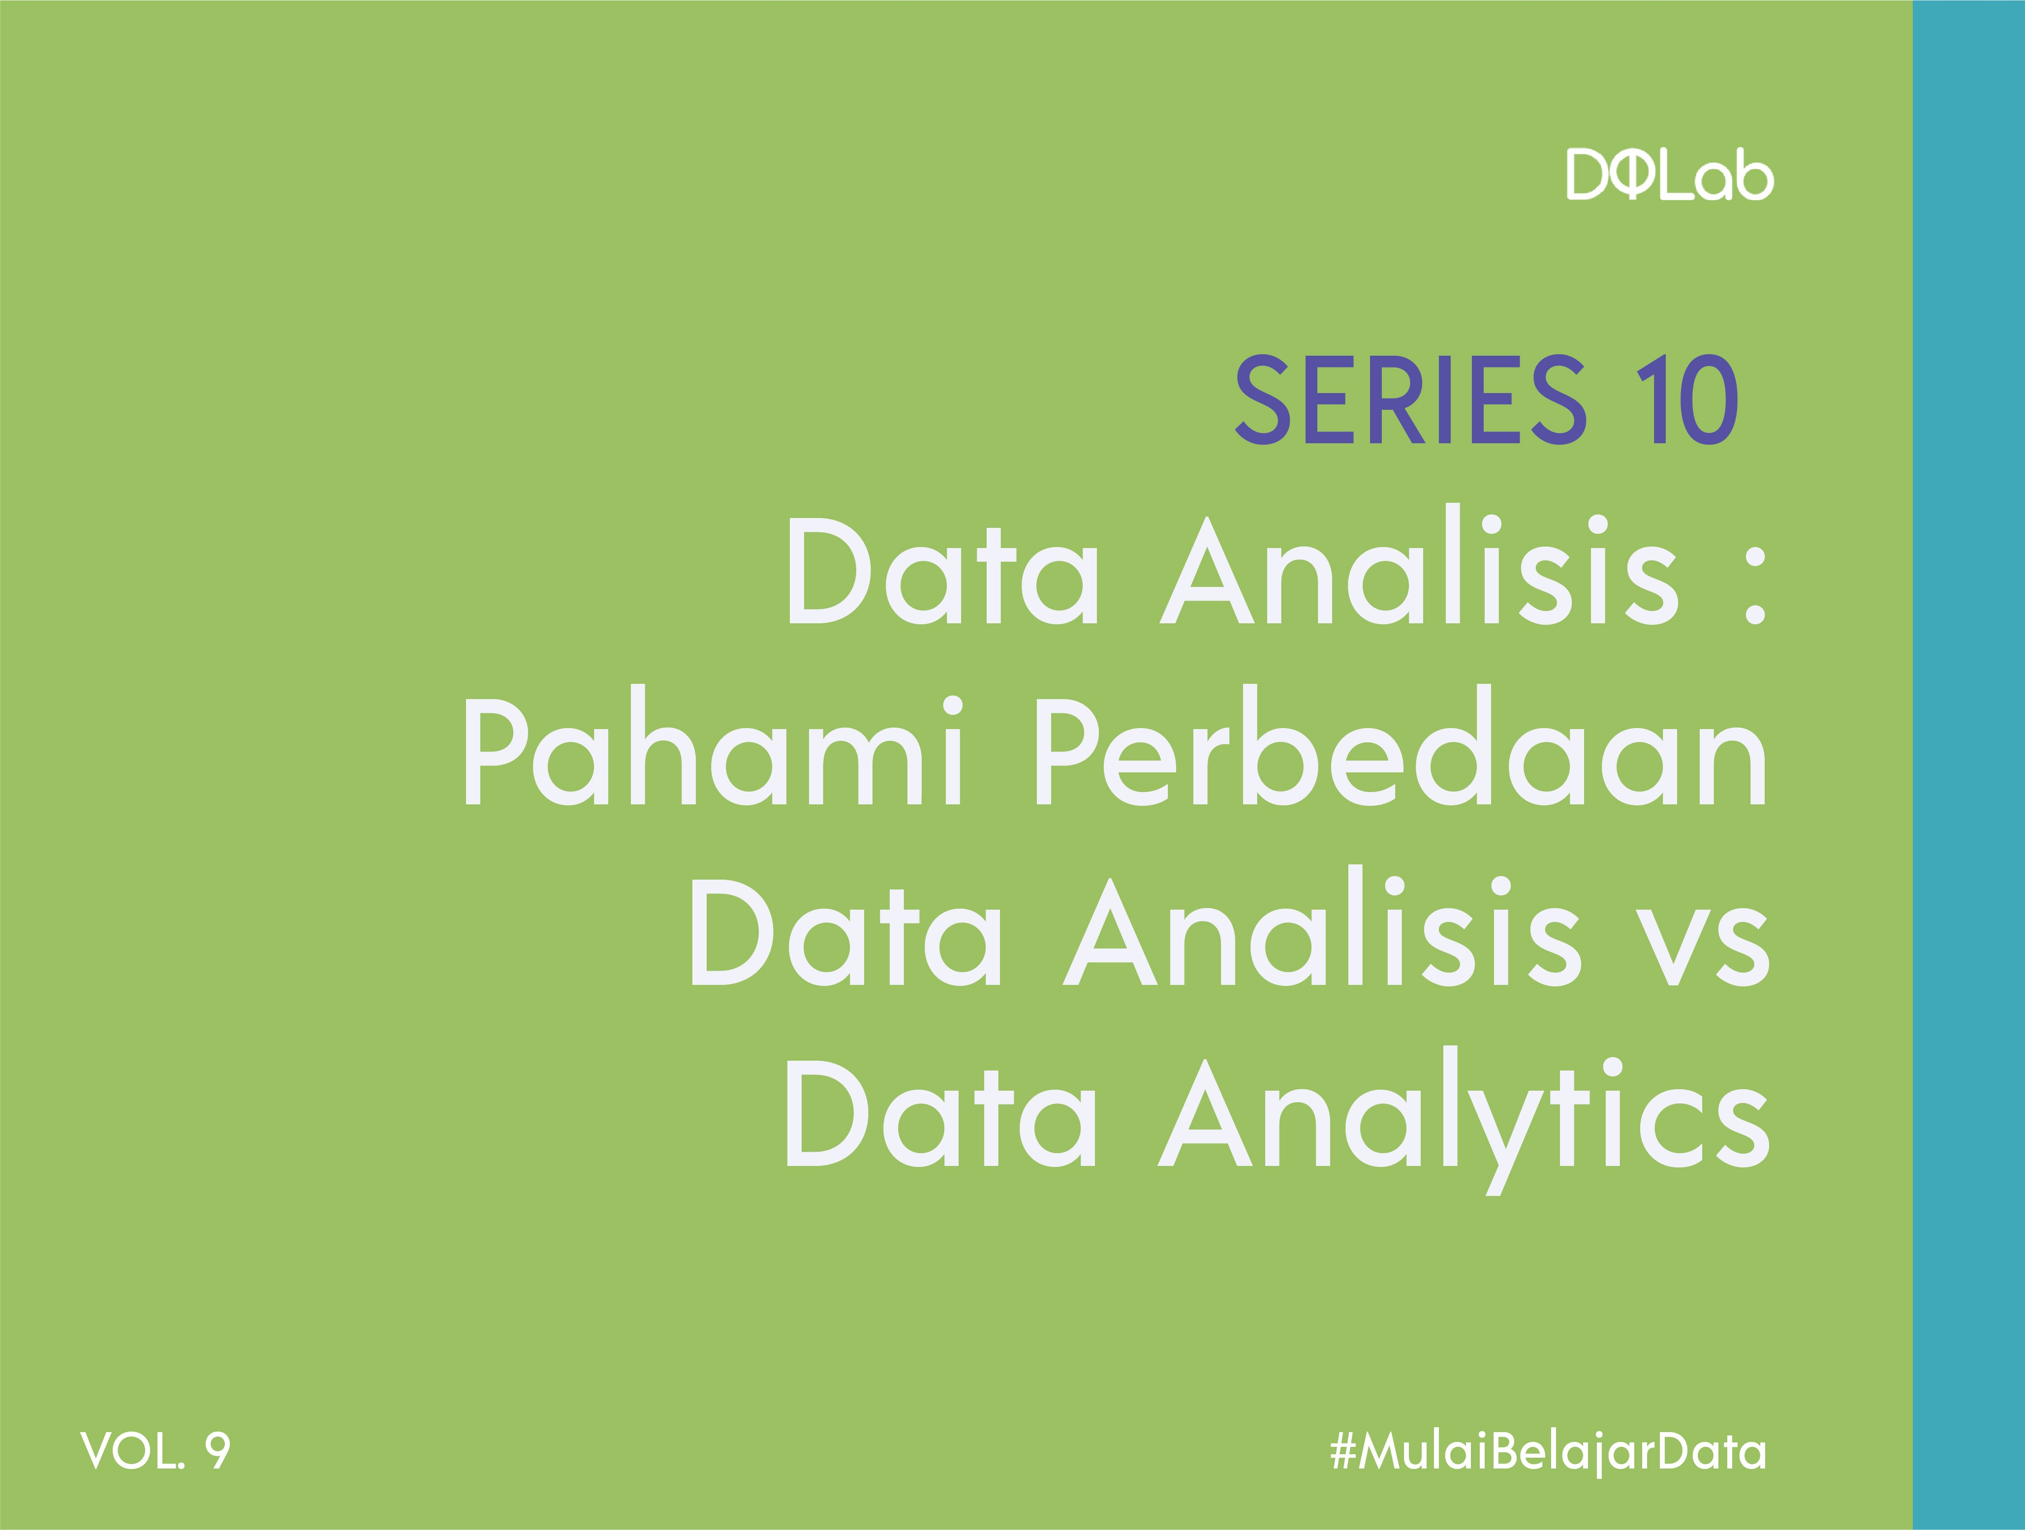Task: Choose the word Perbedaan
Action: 1402,749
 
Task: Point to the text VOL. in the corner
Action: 133,1451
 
